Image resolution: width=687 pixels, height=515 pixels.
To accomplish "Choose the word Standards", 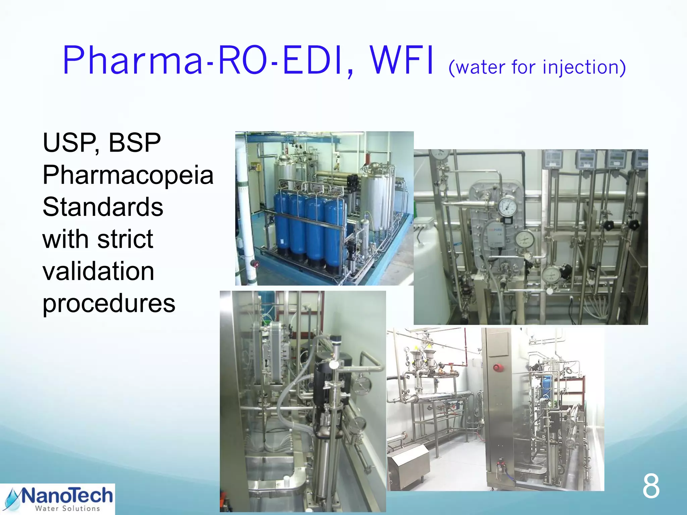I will pos(103,207).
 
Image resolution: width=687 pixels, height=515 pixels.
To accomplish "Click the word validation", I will pos(98,271).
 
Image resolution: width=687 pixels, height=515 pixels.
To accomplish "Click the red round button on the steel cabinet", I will pos(497,368).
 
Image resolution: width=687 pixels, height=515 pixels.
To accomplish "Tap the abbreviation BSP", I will pos(135,142).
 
